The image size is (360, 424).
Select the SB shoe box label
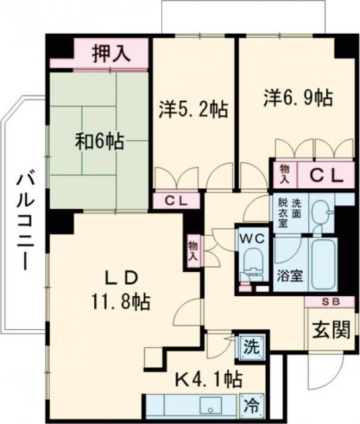(329, 302)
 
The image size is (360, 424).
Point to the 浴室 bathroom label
(291, 276)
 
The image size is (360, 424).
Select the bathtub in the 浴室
(324, 261)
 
